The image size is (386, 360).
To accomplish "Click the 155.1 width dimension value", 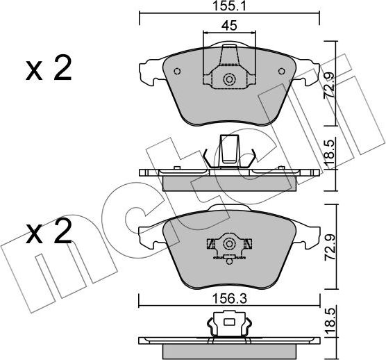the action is coord(229,6).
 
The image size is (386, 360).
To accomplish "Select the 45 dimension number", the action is coord(229,26).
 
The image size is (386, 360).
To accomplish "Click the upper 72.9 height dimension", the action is coord(329,85).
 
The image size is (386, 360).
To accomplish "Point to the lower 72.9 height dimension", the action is coord(330,247).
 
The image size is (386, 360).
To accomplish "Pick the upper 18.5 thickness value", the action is coord(329,153).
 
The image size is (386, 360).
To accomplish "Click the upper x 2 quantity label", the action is coord(49,68).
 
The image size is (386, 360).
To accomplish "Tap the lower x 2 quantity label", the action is coord(49,231).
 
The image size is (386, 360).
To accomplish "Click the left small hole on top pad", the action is coord(177,71).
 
